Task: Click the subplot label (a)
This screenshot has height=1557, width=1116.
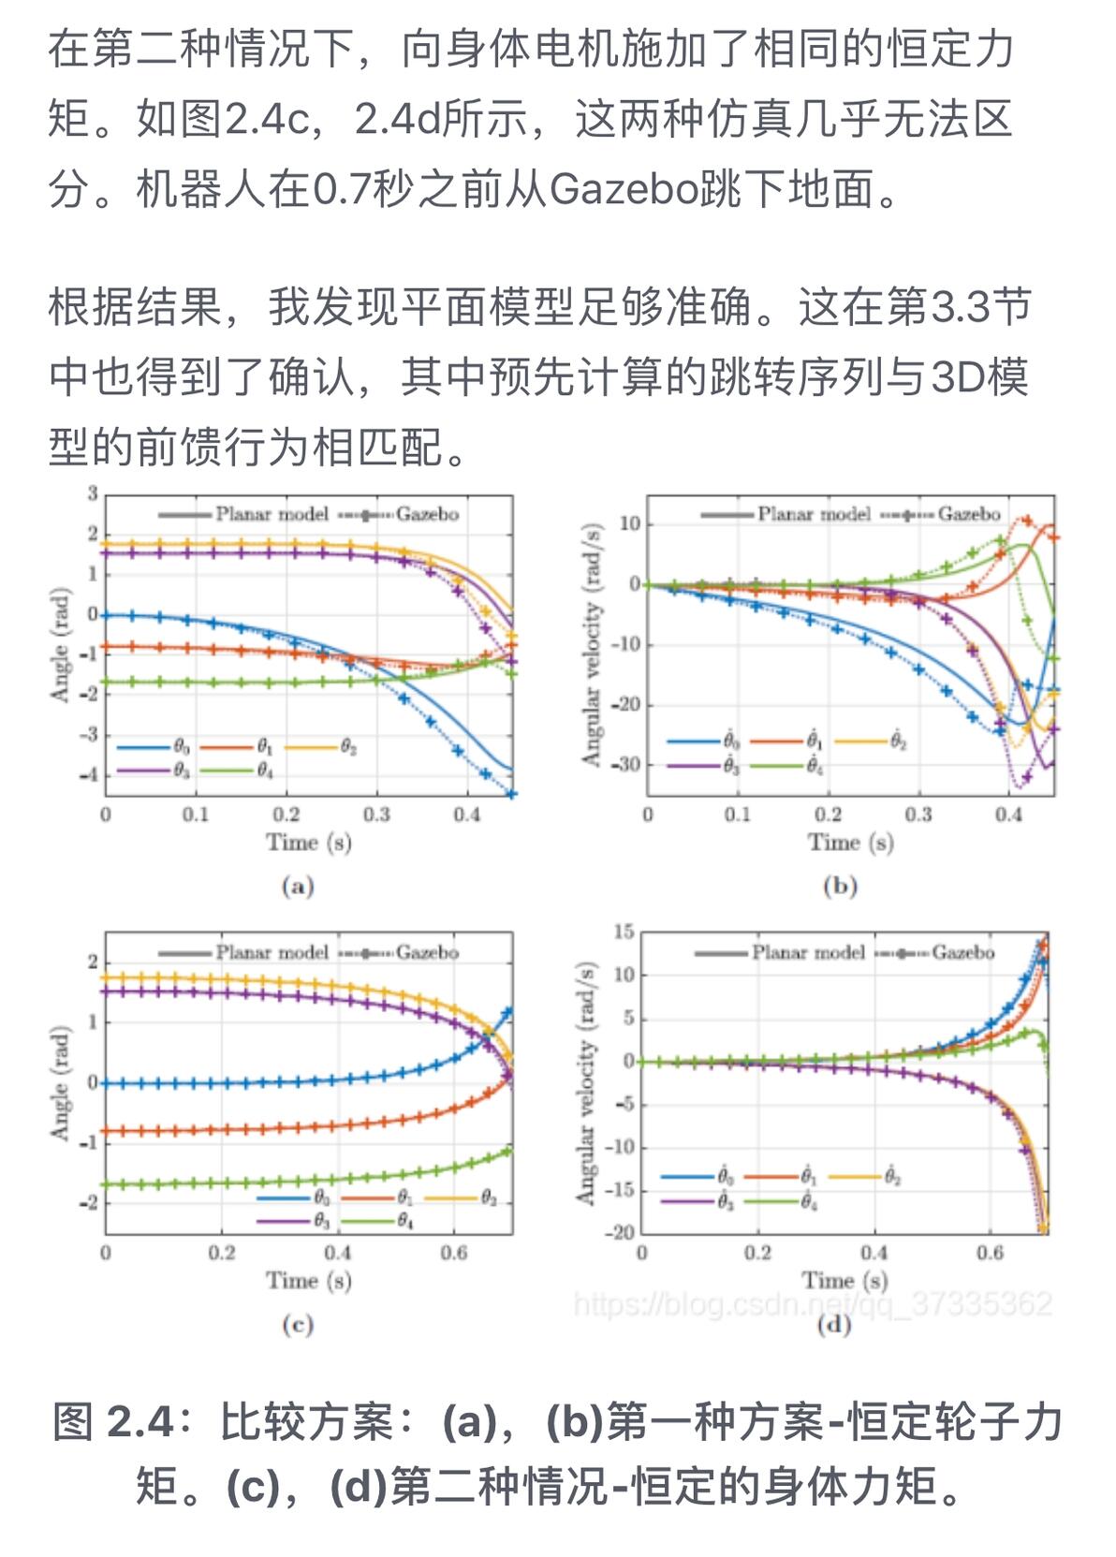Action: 297,886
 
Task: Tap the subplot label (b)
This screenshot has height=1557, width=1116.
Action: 839,886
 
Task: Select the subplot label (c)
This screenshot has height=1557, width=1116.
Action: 297,1324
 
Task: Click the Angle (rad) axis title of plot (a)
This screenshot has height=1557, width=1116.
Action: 60,645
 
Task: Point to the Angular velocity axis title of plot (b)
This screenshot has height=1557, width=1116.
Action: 591,643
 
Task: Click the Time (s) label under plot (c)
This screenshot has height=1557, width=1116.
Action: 309,1280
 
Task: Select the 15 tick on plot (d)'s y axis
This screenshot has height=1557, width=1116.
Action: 624,932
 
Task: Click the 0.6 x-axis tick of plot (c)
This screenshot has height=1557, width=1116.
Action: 454,1253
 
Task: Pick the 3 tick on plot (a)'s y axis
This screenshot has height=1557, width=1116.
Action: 93,493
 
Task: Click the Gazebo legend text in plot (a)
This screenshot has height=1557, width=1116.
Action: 427,514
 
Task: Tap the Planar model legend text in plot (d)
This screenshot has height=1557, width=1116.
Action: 807,952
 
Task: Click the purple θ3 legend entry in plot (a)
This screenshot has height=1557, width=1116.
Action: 154,771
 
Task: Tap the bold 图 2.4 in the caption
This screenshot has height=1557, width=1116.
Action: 114,1422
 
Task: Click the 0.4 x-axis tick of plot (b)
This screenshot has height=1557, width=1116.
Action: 1008,815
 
